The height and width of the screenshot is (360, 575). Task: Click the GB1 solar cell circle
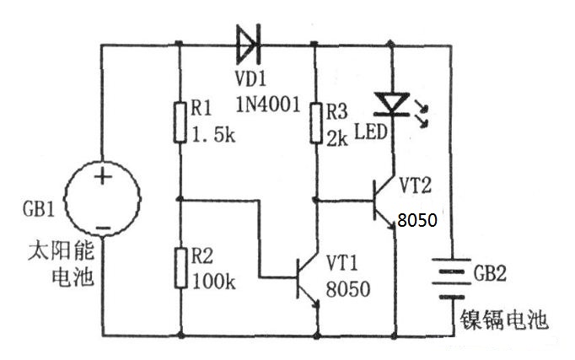pyautogui.click(x=102, y=201)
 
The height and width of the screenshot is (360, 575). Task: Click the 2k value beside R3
pyautogui.click(x=337, y=137)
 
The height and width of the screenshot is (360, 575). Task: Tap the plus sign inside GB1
pyautogui.click(x=102, y=177)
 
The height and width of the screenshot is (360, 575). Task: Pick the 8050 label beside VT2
pyautogui.click(x=416, y=221)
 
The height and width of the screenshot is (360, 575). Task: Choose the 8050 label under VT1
pyautogui.click(x=347, y=289)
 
